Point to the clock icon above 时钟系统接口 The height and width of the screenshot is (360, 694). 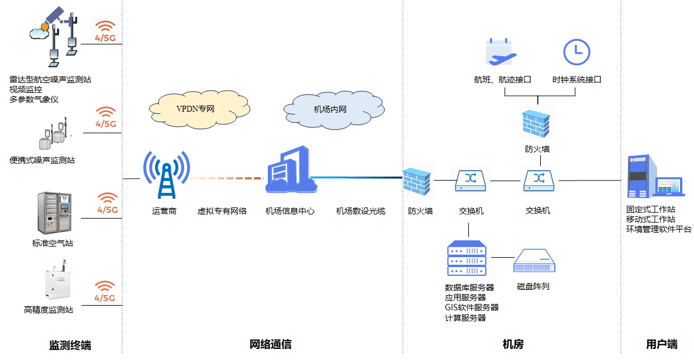pyautogui.click(x=576, y=51)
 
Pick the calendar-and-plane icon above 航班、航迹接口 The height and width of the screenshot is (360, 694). pyautogui.click(x=501, y=52)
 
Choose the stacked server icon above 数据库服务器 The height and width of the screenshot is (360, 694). pyautogui.click(x=467, y=258)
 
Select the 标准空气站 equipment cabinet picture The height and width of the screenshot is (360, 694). pyautogui.click(x=54, y=213)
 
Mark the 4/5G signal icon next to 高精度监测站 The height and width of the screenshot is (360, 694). pyautogui.click(x=105, y=290)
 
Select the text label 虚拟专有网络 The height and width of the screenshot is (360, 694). pyautogui.click(x=222, y=211)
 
